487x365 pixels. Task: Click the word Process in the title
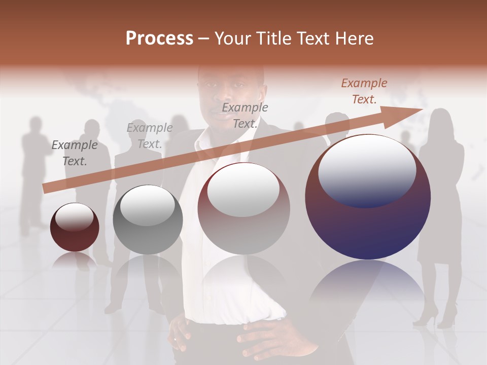point(159,39)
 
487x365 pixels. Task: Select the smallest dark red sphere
point(75,227)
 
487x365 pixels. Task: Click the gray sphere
point(148,220)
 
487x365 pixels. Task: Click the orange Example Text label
point(364,91)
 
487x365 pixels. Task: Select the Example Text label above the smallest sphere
point(75,153)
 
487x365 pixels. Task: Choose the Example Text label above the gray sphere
point(150,136)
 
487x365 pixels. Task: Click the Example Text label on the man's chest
point(245,116)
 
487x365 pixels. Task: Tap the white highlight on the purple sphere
point(367,169)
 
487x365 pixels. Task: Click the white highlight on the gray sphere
point(147,205)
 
